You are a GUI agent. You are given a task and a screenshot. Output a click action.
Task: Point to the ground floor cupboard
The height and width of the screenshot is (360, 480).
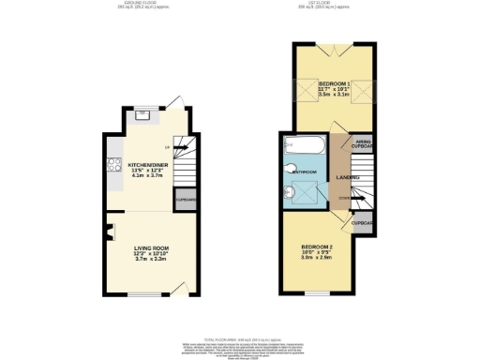pyautogui.click(x=186, y=199)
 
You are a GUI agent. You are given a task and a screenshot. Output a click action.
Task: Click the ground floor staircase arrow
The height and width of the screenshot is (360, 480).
pyautogui.click(x=173, y=149)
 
